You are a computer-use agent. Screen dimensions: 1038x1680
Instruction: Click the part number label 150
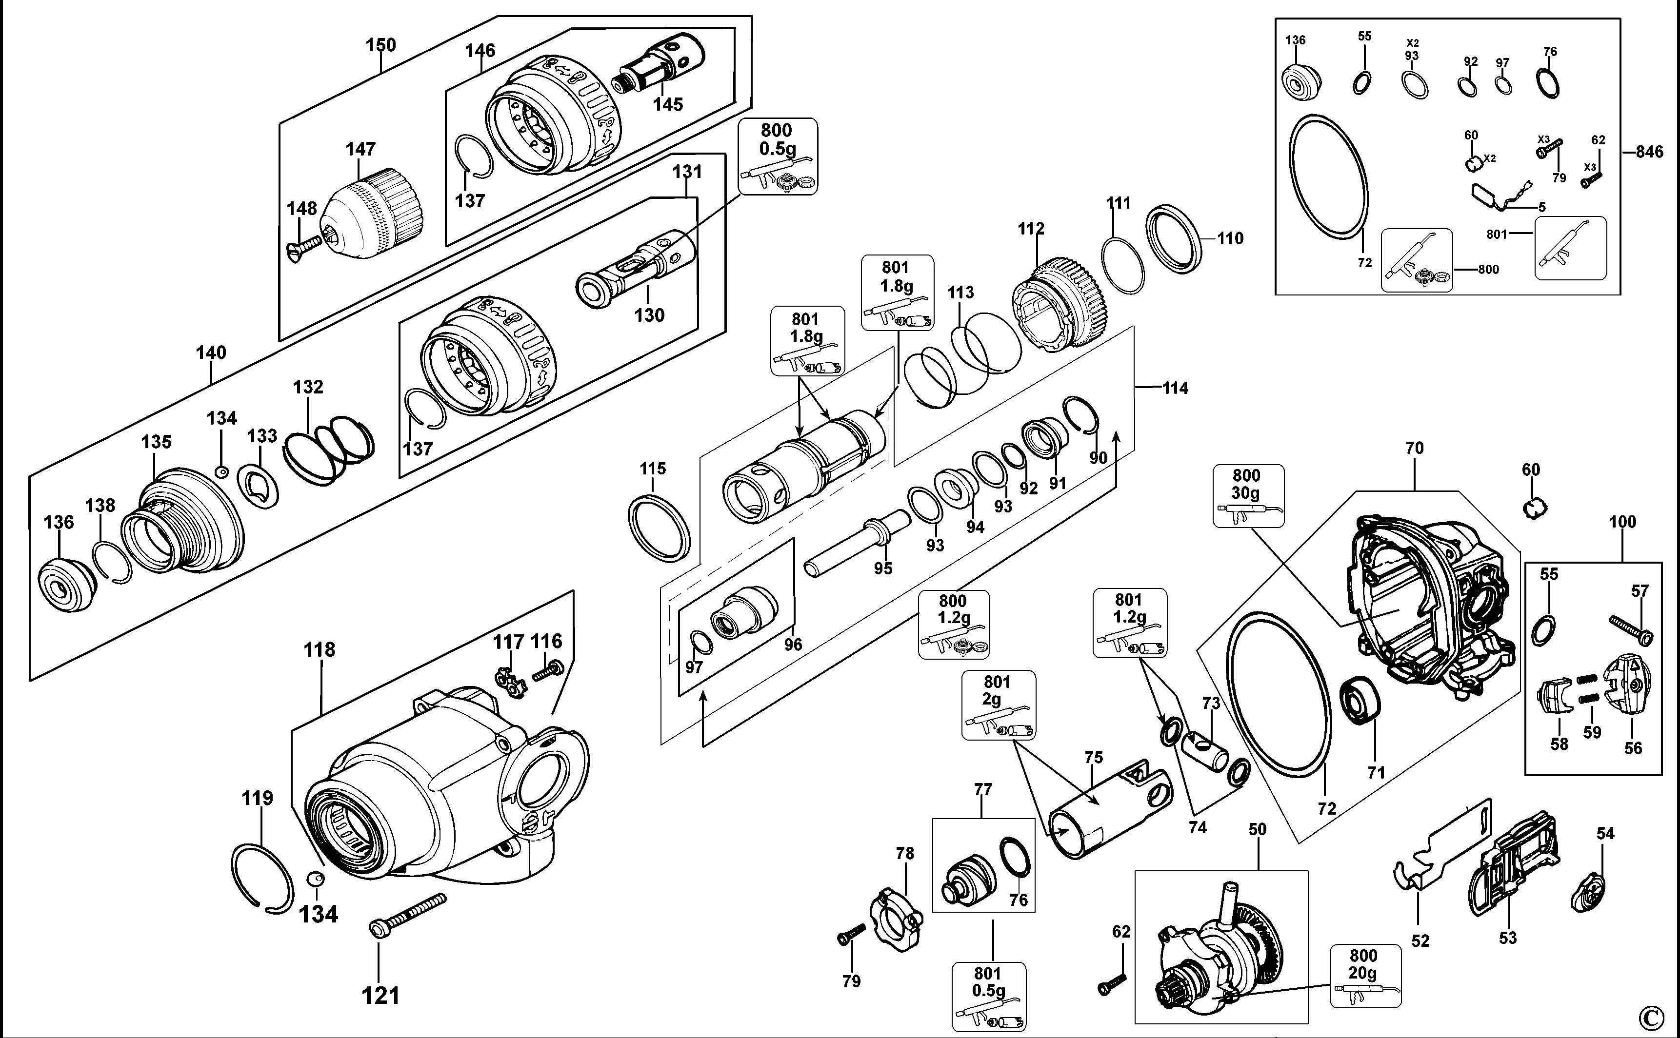click(380, 45)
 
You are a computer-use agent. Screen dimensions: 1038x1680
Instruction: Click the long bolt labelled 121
click(407, 913)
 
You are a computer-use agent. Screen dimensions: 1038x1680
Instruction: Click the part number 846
click(1649, 152)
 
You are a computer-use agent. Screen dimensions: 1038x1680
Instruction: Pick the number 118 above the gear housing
click(320, 649)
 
